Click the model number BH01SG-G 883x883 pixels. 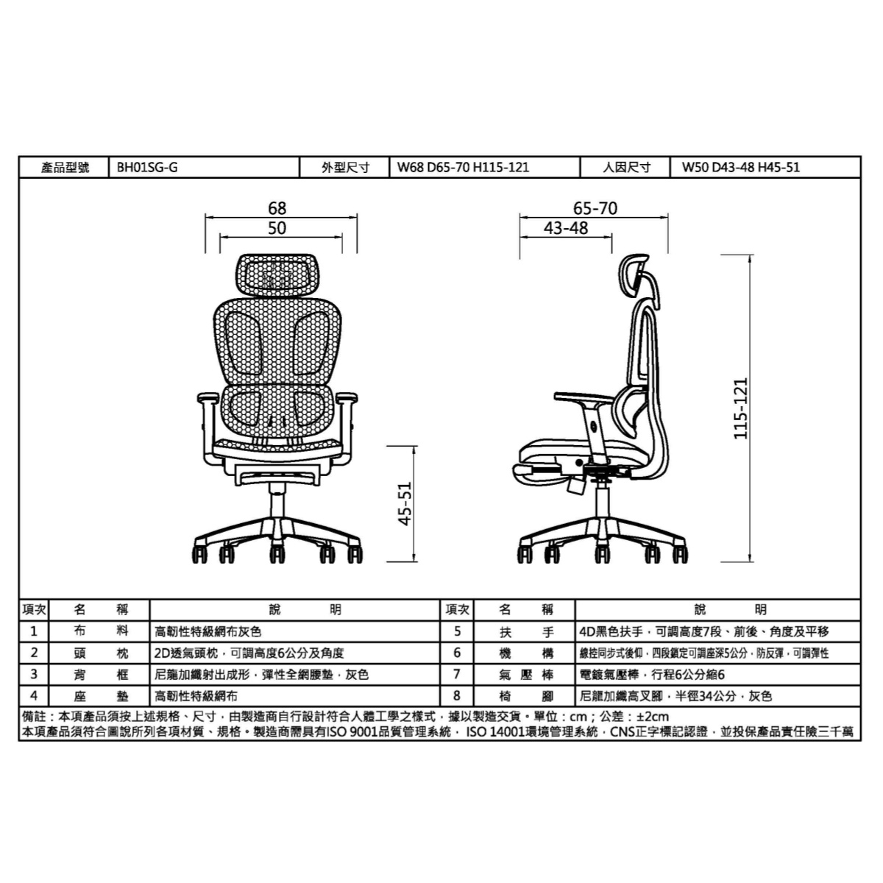click(x=147, y=167)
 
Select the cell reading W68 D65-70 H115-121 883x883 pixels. click(x=485, y=167)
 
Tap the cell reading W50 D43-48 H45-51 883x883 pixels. click(x=765, y=167)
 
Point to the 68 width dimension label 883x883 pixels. click(x=277, y=208)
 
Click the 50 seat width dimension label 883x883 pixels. click(x=277, y=228)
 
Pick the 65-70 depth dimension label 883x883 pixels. click(x=595, y=208)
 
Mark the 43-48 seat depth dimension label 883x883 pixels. click(x=566, y=228)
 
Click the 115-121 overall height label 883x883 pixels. click(x=740, y=408)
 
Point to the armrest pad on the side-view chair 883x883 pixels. click(x=582, y=398)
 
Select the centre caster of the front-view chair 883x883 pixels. click(x=277, y=555)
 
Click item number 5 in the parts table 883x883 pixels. click(x=457, y=631)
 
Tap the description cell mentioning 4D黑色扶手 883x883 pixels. click(x=717, y=631)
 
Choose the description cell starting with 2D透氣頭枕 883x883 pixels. click(x=294, y=653)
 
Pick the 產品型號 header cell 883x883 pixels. click(x=64, y=167)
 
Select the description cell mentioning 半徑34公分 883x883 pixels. click(x=717, y=696)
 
